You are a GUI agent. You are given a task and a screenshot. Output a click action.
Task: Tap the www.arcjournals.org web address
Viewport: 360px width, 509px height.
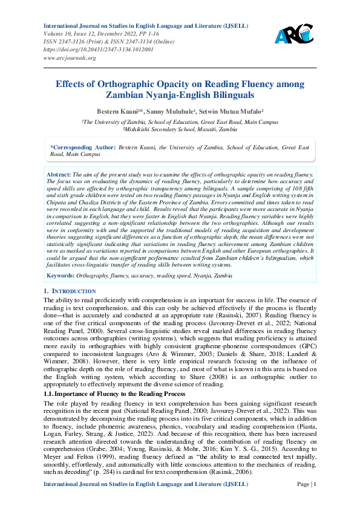[x=70, y=58]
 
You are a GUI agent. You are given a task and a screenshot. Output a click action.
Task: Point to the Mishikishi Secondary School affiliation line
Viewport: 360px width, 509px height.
[x=180, y=129]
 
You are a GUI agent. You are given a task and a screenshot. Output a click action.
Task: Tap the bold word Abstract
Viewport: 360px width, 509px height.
[x=59, y=174]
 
